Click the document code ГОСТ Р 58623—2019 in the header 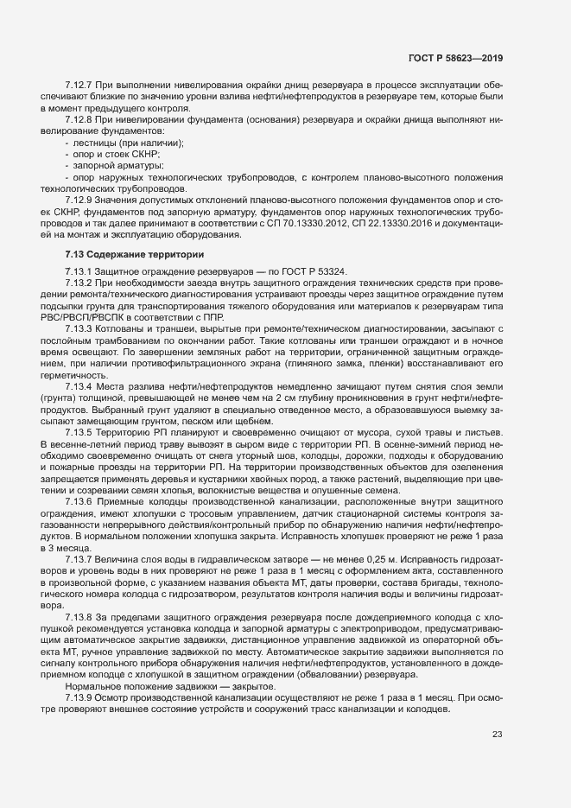(454, 59)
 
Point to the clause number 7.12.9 (80, 200)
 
